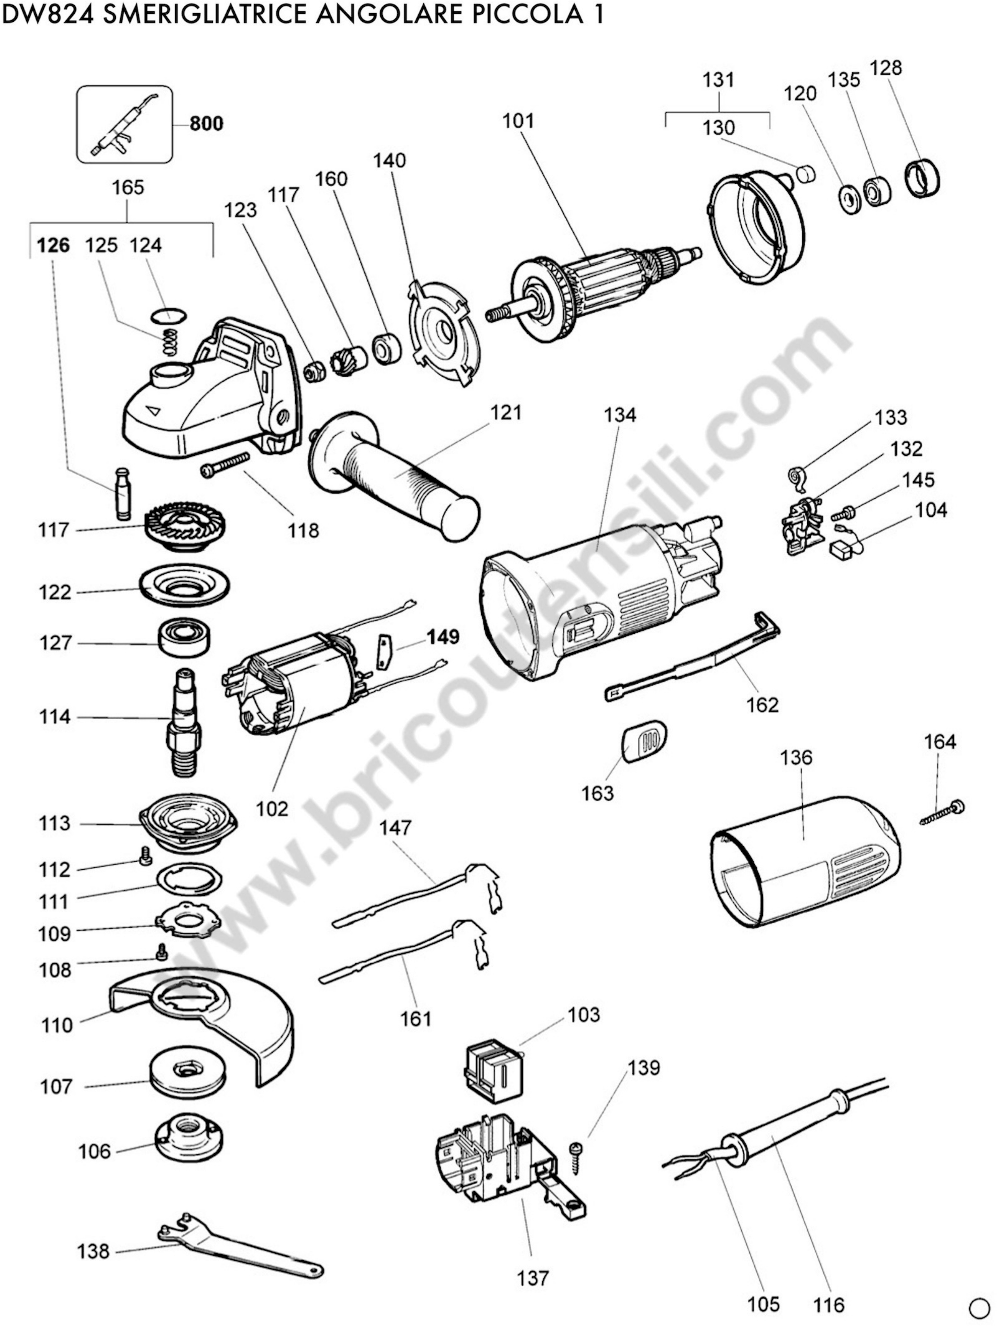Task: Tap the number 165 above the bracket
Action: pyautogui.click(x=128, y=188)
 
